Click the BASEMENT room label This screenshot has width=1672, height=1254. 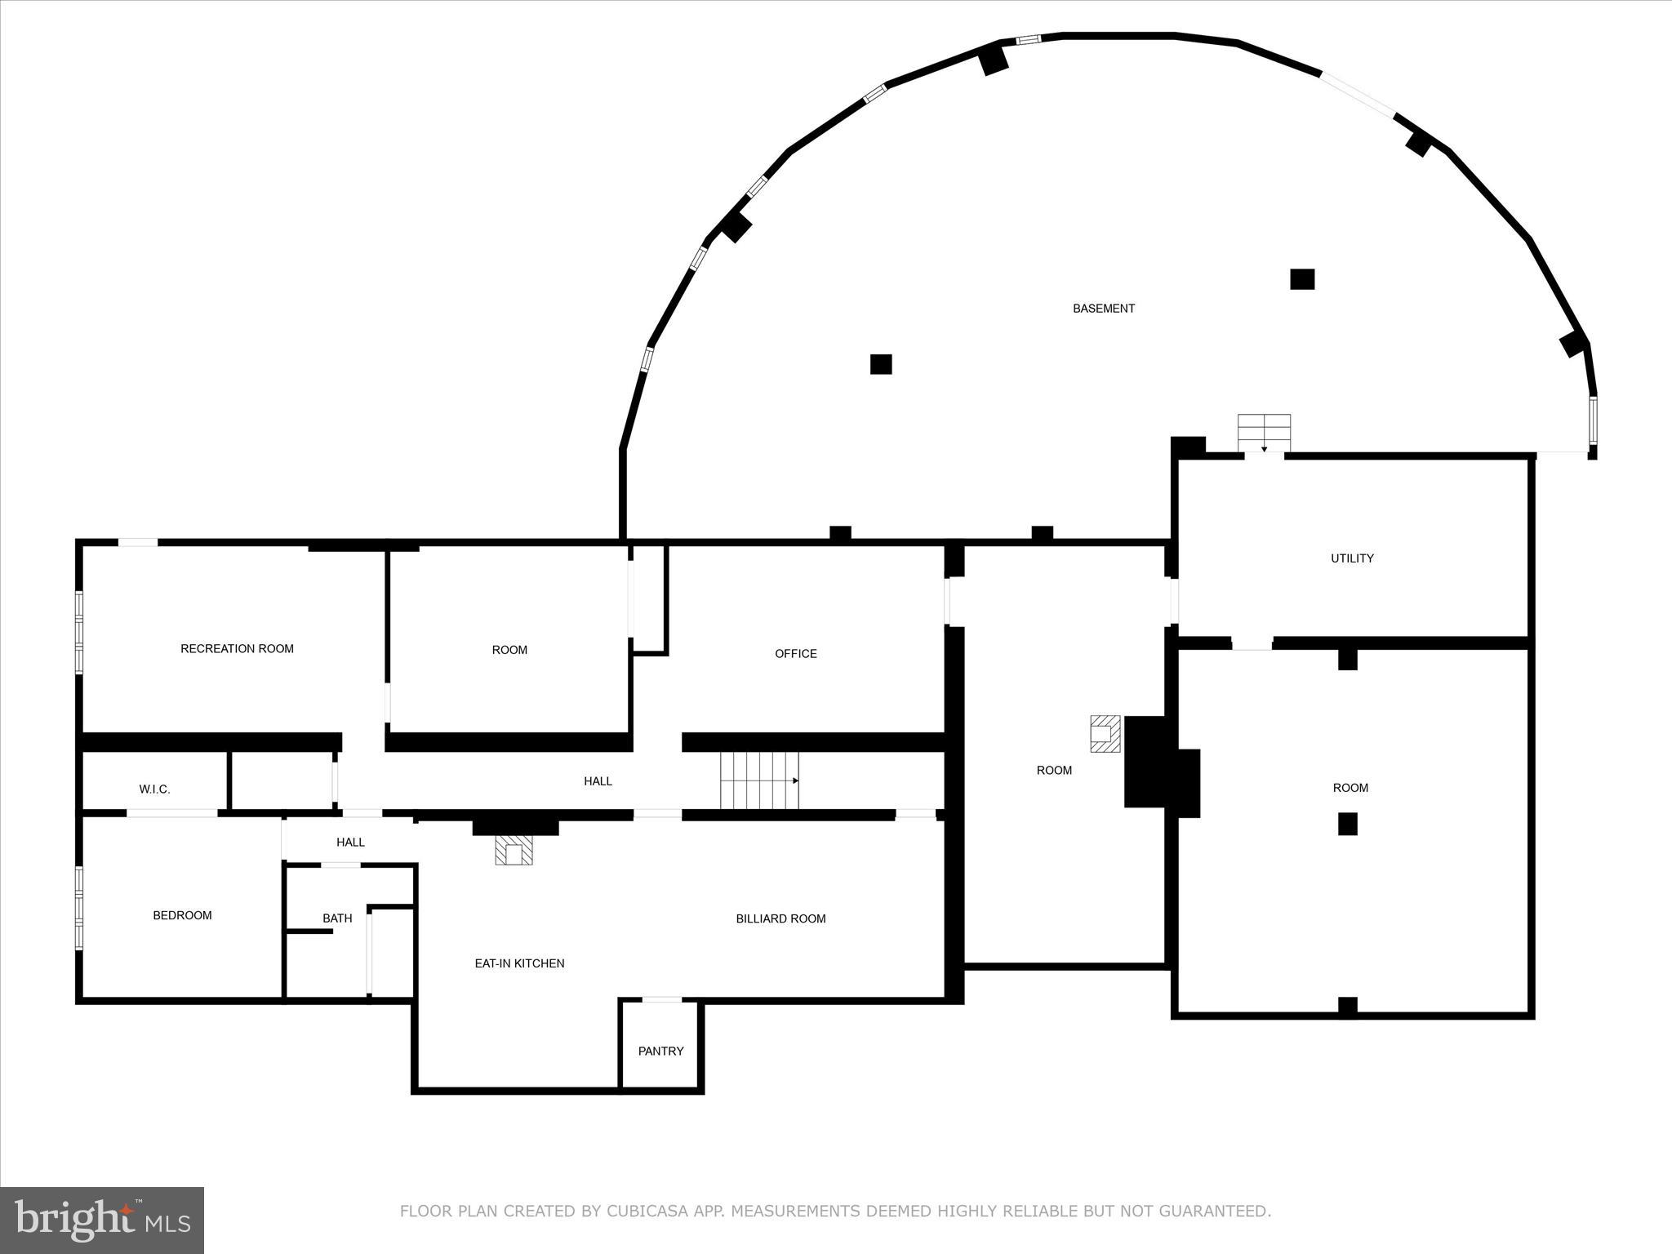click(x=1103, y=309)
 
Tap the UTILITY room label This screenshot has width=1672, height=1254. click(x=1352, y=558)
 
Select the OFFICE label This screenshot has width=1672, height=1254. click(x=795, y=653)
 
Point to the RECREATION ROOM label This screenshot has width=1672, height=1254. click(x=237, y=649)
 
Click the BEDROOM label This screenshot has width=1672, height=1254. click(x=182, y=915)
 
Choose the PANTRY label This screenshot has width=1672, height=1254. click(x=660, y=1051)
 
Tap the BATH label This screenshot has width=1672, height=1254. click(x=337, y=918)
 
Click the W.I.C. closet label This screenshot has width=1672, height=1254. click(x=154, y=789)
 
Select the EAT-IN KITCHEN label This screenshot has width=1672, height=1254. click(x=519, y=963)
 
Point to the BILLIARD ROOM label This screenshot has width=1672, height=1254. click(x=780, y=918)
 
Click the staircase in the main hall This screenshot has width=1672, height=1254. click(x=758, y=780)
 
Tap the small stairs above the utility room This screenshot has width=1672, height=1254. click(x=1264, y=433)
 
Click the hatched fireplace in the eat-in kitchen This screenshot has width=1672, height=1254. click(x=514, y=851)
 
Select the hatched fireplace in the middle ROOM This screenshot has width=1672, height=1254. click(x=1105, y=733)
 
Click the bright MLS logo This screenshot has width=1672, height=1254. click(x=102, y=1220)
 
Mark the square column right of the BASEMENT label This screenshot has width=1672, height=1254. click(x=1301, y=279)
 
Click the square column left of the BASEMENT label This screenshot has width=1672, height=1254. click(x=880, y=364)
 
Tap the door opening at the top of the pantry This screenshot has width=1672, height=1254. click(x=661, y=999)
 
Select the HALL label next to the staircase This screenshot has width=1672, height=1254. click(x=598, y=781)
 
